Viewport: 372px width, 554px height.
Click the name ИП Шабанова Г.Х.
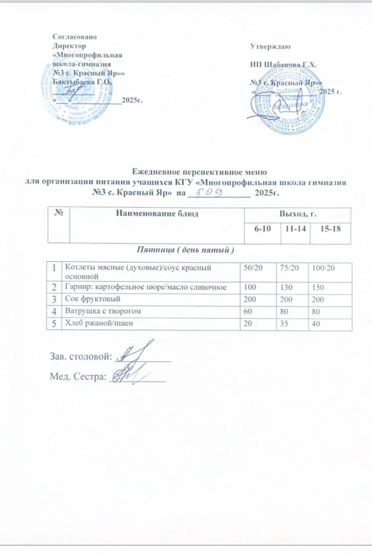pyautogui.click(x=283, y=64)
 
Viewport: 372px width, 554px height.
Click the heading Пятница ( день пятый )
pyautogui.click(x=185, y=250)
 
